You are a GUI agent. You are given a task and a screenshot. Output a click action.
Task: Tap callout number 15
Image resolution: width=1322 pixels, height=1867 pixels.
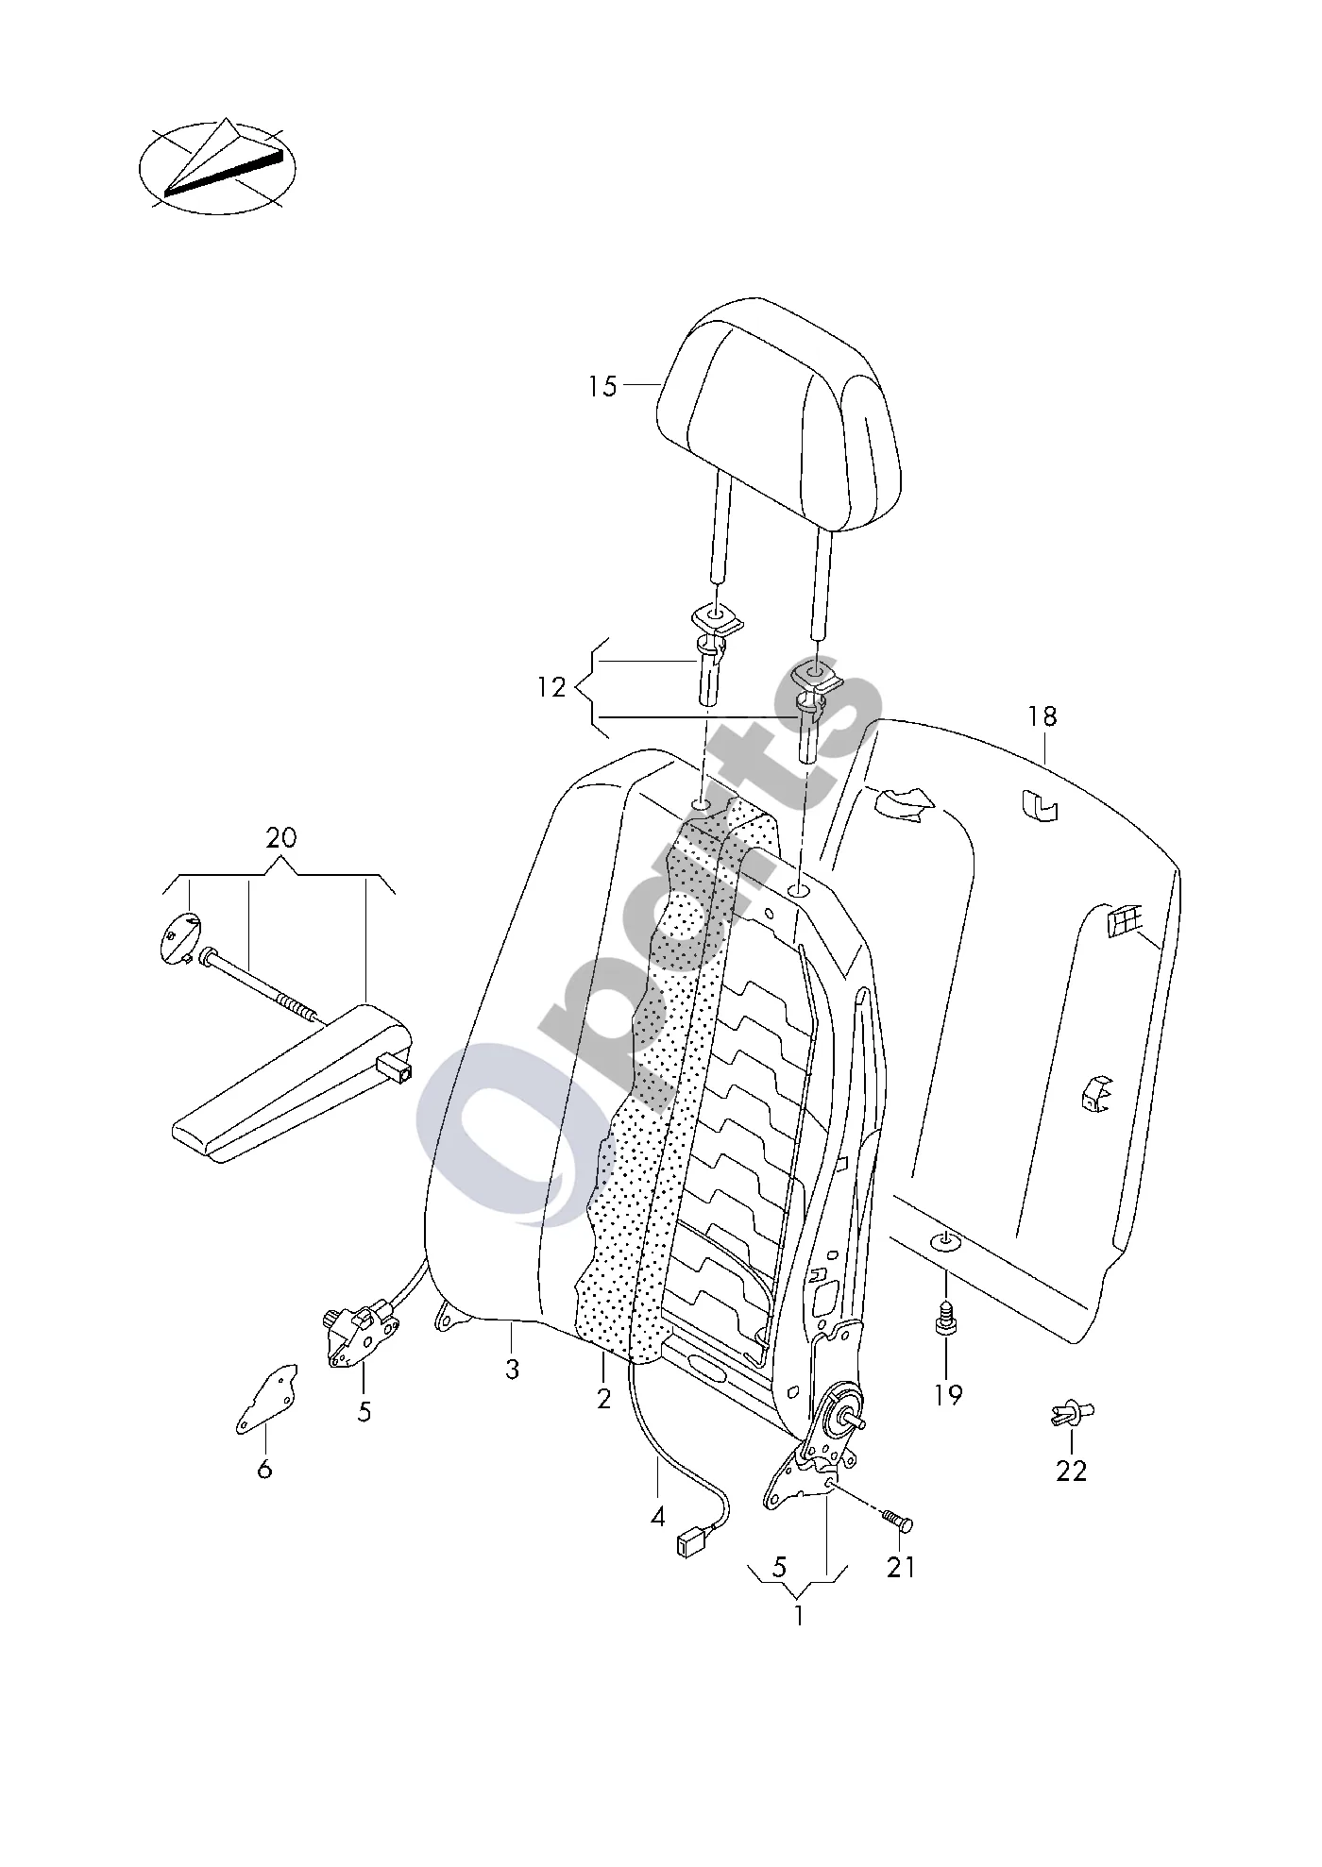(x=602, y=386)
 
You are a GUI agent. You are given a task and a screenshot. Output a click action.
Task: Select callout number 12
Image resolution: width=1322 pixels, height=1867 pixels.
(x=551, y=687)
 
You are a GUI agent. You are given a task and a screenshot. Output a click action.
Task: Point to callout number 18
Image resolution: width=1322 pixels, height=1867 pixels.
(x=1042, y=716)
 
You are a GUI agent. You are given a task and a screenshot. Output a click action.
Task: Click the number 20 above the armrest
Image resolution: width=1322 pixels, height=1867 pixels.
(x=280, y=837)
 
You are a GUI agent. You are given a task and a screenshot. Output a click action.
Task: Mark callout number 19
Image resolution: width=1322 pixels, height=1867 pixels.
(x=948, y=1394)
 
